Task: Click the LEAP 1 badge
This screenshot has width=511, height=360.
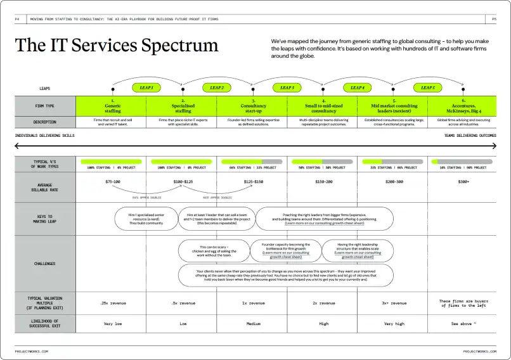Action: [x=146, y=87]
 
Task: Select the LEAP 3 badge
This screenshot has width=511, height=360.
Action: [x=287, y=87]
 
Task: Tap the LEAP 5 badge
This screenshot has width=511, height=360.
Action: [x=428, y=87]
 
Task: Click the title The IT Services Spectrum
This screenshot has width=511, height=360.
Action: [x=117, y=46]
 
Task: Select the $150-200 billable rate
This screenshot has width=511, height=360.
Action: [x=323, y=182]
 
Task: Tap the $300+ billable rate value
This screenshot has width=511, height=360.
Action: [x=463, y=182]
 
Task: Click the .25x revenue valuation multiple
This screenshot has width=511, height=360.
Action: [x=112, y=303]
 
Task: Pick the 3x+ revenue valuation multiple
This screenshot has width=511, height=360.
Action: [x=394, y=303]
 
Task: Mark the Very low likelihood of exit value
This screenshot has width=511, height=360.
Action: [x=112, y=323]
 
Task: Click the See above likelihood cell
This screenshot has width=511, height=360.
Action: [x=463, y=323]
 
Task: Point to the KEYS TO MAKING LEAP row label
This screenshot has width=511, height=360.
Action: [x=45, y=219]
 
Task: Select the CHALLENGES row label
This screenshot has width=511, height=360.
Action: [x=45, y=264]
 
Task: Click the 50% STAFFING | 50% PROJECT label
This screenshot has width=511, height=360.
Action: [x=323, y=167]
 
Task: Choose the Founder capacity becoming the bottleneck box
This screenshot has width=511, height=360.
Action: [x=287, y=250]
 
